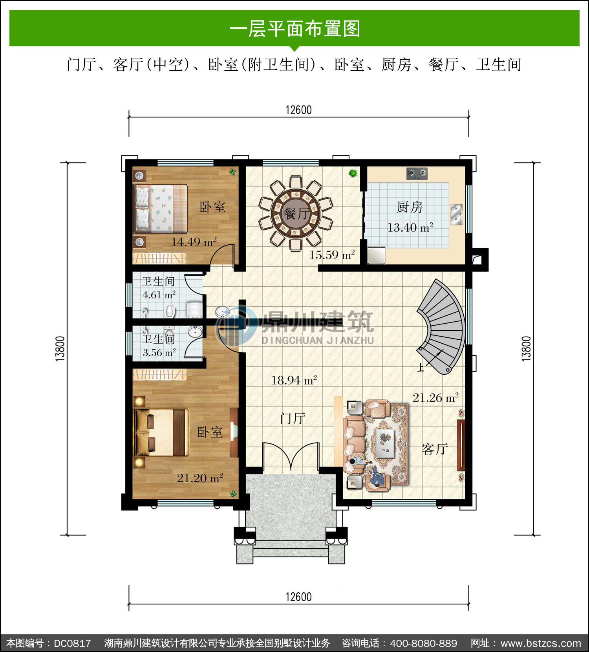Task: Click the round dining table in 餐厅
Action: click(296, 214)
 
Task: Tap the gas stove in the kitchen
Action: click(417, 173)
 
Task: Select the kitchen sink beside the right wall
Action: click(456, 214)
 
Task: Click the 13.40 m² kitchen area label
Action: click(410, 227)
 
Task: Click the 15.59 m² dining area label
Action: click(332, 255)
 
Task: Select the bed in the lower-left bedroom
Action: click(161, 432)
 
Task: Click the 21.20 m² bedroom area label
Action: click(200, 478)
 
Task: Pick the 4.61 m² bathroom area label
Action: click(159, 295)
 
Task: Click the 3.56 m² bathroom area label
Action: click(159, 352)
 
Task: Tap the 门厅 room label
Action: click(293, 419)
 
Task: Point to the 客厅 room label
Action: click(435, 449)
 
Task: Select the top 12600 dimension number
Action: click(298, 110)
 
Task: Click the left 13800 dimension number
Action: click(60, 349)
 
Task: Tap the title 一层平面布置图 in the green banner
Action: click(294, 29)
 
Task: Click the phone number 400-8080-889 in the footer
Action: click(424, 643)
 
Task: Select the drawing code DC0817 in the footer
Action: click(72, 643)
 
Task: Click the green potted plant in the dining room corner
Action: click(353, 172)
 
